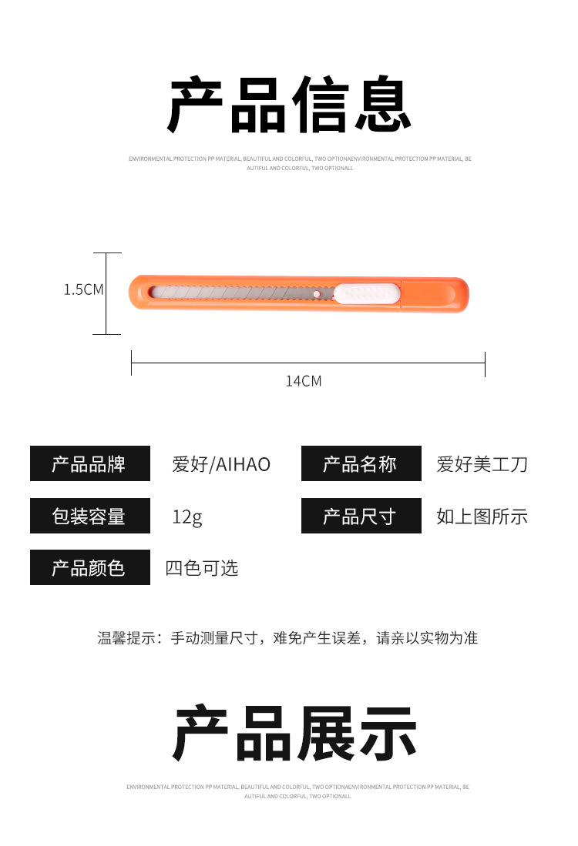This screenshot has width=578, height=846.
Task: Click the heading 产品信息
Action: [290, 106]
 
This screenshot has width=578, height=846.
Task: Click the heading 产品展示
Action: [294, 734]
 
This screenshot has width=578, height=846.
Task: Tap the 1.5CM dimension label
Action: [83, 289]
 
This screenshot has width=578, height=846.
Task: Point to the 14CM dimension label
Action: [304, 380]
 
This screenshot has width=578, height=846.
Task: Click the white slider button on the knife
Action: [367, 293]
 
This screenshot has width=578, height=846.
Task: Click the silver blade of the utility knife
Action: [231, 293]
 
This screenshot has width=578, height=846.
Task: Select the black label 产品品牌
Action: [89, 464]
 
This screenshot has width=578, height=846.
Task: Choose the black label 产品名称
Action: [361, 464]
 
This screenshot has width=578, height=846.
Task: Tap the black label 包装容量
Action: [89, 516]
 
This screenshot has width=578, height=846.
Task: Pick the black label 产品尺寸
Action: [361, 516]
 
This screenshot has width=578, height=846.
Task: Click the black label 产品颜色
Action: [89, 568]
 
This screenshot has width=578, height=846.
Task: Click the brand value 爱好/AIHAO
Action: [221, 464]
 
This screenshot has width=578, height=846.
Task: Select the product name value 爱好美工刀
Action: [482, 464]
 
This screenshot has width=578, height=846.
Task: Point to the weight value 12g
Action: [187, 517]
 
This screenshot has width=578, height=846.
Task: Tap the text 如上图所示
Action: [482, 517]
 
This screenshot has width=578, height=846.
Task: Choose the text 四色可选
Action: [202, 568]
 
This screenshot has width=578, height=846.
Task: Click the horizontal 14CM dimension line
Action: [308, 362]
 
